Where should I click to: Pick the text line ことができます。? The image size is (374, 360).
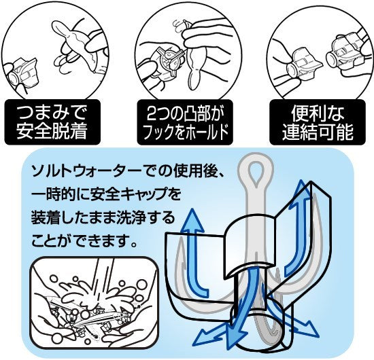(x=82, y=242)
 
